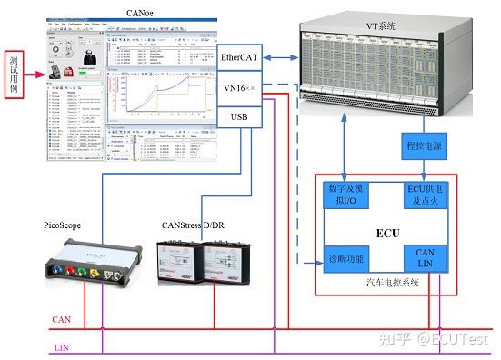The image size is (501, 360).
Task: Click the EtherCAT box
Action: (x=240, y=57)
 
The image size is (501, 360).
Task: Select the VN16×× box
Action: (x=240, y=88)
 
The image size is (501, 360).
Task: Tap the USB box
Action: (x=240, y=117)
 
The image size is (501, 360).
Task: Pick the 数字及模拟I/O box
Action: (x=346, y=194)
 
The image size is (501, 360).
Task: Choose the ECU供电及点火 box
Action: (x=423, y=194)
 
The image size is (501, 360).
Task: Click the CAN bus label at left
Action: (x=62, y=319)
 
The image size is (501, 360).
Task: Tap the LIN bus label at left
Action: (x=62, y=346)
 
